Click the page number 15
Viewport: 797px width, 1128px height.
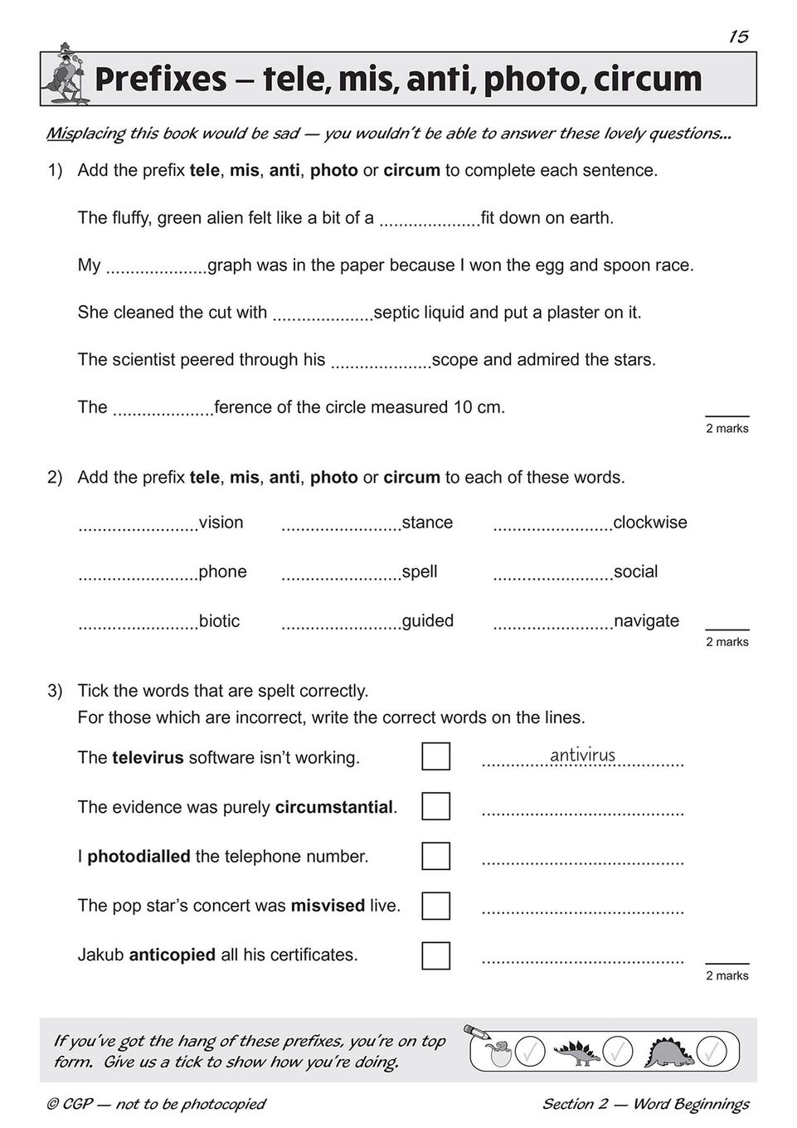pos(738,36)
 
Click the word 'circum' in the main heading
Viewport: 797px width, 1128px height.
pos(649,80)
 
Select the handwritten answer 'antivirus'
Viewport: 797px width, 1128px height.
pos(582,755)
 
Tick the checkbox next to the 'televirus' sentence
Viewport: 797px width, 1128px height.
pos(435,756)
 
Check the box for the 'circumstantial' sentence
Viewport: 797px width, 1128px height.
pos(435,806)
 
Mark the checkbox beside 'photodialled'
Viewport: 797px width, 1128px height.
pos(435,856)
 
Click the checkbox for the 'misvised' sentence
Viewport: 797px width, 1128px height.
pos(435,906)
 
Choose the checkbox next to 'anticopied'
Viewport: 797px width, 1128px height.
pos(435,955)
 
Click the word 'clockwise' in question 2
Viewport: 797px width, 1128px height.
pos(649,523)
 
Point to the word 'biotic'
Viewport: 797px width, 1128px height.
pos(219,621)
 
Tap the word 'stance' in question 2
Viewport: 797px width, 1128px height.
pos(427,523)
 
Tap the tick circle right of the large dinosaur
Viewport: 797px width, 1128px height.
pos(711,1052)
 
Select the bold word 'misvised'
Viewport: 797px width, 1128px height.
pos(328,906)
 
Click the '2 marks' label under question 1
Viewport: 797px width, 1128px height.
pos(727,429)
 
